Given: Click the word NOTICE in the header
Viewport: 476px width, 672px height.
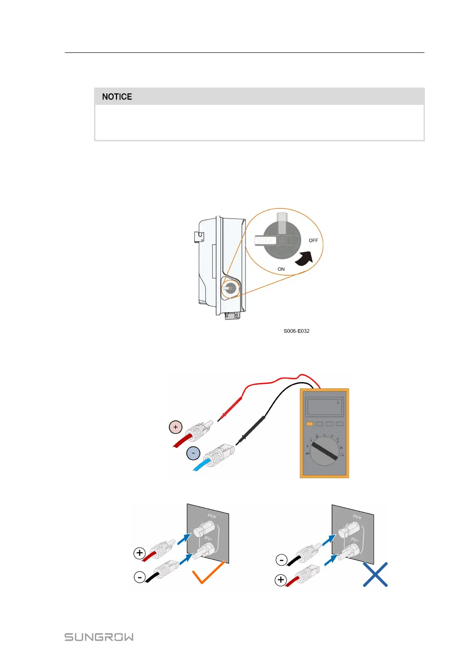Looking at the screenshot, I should [x=117, y=97].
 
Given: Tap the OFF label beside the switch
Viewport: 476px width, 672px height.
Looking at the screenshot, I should [x=313, y=240].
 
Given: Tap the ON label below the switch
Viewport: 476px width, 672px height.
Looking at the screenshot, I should [x=281, y=269].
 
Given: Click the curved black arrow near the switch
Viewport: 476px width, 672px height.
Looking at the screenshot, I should [x=304, y=259].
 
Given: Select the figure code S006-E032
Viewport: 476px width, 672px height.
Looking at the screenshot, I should [x=296, y=331].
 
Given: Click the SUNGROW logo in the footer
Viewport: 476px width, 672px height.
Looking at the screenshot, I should [x=99, y=637].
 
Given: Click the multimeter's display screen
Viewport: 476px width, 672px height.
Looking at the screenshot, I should [x=324, y=406].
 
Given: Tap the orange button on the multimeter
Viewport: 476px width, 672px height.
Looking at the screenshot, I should [x=309, y=424].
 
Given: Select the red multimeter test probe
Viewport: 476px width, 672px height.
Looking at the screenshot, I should [x=231, y=408].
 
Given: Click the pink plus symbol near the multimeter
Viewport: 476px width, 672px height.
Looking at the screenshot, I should [x=176, y=427].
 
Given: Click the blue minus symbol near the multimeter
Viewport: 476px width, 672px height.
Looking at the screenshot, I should [x=194, y=454].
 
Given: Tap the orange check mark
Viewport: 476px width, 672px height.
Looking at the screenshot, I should [x=208, y=573].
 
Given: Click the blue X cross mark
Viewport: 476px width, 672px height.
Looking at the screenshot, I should [x=375, y=574].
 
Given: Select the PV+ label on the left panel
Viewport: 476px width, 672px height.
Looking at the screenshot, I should [x=212, y=516].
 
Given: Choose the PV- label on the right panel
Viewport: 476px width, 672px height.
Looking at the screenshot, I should [x=355, y=540].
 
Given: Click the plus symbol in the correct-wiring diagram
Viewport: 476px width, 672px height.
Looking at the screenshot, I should [x=140, y=553].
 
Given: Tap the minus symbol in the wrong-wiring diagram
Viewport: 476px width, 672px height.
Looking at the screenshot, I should [x=282, y=560].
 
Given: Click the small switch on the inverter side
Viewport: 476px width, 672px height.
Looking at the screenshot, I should [x=230, y=288].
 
